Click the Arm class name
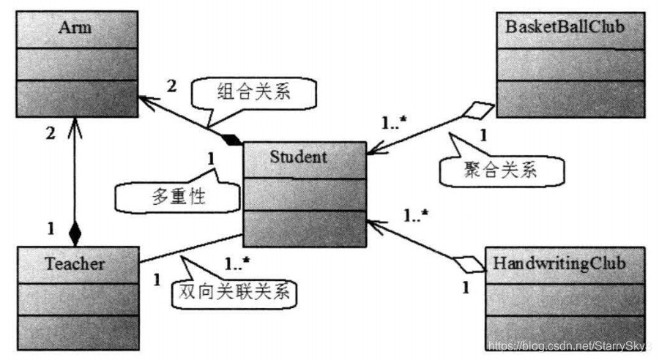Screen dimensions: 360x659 76,29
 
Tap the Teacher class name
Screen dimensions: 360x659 76,263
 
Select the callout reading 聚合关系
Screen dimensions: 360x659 502,170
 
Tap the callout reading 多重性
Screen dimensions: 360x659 178,196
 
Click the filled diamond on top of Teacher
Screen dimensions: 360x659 74,235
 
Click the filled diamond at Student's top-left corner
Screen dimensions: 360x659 231,139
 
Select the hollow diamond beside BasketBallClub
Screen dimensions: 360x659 480,110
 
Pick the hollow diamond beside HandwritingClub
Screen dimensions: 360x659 469,264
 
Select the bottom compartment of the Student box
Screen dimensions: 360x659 304,228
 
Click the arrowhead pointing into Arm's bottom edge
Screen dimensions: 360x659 74,125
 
